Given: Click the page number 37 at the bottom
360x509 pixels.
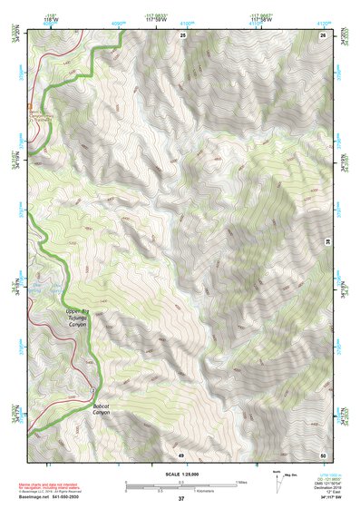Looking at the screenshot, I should click(180, 498).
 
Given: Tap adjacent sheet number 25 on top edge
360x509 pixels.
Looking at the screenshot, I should click(182, 34).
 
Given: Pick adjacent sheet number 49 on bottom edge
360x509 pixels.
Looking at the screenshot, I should click(180, 454).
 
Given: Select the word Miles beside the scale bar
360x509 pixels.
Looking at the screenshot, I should click(240, 480).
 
